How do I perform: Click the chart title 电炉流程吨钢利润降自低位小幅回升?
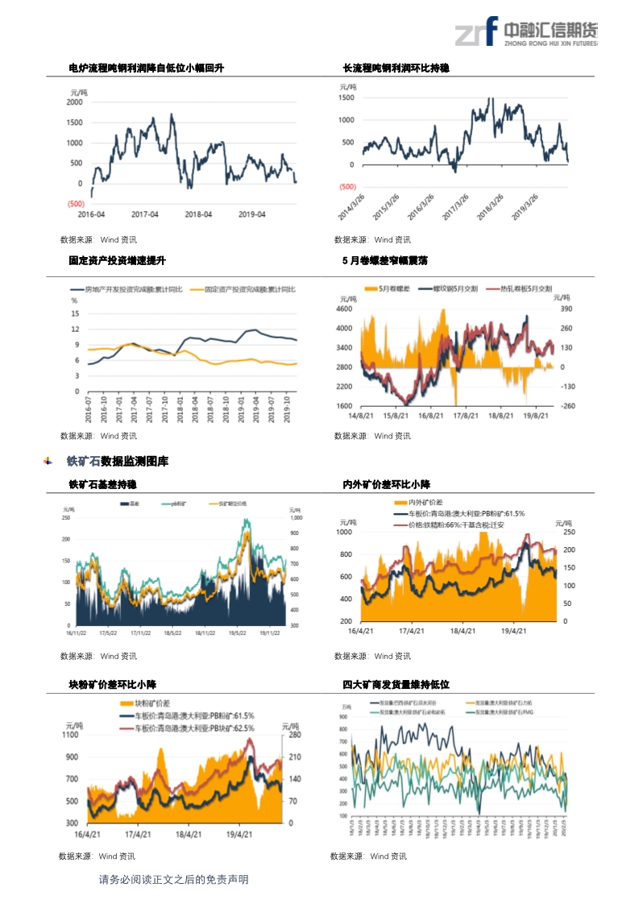146,68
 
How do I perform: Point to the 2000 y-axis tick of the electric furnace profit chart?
74,102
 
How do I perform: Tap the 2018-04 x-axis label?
198,214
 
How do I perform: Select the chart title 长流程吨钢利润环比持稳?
396,68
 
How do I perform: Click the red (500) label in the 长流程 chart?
348,187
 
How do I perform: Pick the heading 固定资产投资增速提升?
117,261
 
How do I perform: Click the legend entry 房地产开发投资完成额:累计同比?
133,288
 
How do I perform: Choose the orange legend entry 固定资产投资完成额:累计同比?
251,288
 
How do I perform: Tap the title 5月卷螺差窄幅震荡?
384,261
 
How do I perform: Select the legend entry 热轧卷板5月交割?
525,288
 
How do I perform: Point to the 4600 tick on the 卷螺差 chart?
345,309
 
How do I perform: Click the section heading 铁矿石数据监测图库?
118,462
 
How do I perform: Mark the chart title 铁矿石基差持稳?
102,485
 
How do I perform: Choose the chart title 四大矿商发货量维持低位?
396,685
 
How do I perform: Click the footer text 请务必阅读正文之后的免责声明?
173,880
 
